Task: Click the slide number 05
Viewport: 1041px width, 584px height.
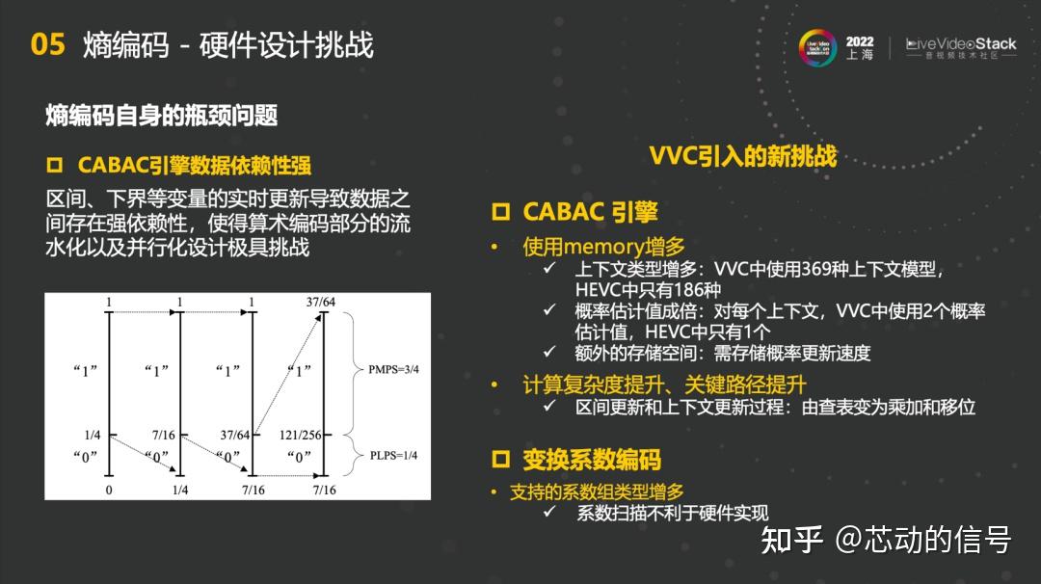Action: click(47, 44)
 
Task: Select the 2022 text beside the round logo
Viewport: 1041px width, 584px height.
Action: click(860, 41)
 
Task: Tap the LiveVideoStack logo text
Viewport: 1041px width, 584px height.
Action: click(961, 44)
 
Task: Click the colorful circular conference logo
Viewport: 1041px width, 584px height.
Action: click(817, 47)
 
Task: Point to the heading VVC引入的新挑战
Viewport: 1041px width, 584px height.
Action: click(742, 156)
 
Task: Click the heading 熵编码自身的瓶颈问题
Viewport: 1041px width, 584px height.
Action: click(161, 116)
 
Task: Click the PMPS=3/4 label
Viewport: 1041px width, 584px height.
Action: click(393, 369)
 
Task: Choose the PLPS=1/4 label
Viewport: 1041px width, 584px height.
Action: click(392, 456)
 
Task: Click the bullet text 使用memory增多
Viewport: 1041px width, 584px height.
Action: click(603, 247)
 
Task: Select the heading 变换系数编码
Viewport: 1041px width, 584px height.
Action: click(591, 459)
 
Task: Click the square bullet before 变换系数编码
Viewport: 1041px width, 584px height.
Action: click(500, 459)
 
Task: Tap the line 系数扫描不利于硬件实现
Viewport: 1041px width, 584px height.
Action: click(673, 514)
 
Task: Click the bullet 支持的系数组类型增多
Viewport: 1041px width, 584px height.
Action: click(597, 492)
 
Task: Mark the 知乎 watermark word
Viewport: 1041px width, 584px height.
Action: click(792, 540)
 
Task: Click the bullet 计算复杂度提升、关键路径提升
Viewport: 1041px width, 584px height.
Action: click(664, 384)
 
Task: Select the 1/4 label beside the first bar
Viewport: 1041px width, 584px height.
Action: click(93, 436)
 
